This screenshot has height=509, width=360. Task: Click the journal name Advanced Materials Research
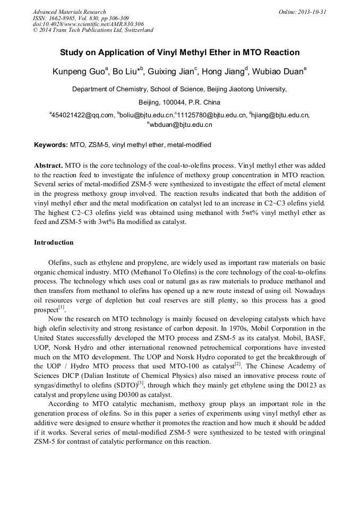tap(70, 12)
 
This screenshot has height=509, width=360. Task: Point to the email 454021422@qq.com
tap(83, 115)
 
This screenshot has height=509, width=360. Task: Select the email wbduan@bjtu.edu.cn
tap(181, 125)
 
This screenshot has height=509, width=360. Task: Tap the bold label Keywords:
tap(51, 145)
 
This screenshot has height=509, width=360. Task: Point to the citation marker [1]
tap(62, 307)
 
